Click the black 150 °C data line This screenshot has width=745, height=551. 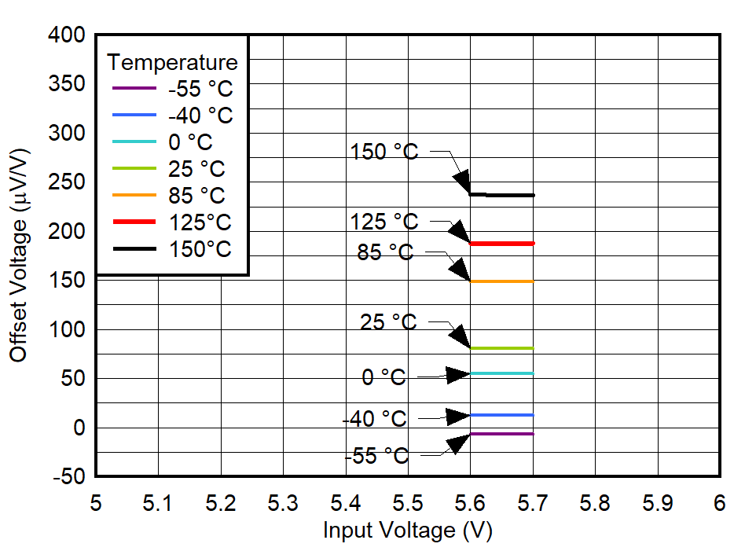(511, 195)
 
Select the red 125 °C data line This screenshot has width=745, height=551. (503, 244)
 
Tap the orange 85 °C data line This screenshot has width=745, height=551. (503, 281)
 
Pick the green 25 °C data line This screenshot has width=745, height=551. (503, 348)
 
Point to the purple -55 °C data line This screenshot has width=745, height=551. (503, 434)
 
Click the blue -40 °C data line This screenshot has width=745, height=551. (503, 415)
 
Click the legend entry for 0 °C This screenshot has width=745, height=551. (189, 142)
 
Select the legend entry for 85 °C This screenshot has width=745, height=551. (196, 196)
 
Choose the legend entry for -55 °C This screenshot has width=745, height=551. (200, 89)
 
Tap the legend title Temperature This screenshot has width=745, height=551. (172, 62)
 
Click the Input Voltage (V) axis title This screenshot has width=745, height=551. (407, 531)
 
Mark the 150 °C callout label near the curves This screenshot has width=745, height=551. (384, 152)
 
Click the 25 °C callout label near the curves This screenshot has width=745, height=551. (388, 322)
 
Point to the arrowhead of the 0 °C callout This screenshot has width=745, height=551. (458, 375)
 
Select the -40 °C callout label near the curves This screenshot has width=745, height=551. (375, 420)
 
